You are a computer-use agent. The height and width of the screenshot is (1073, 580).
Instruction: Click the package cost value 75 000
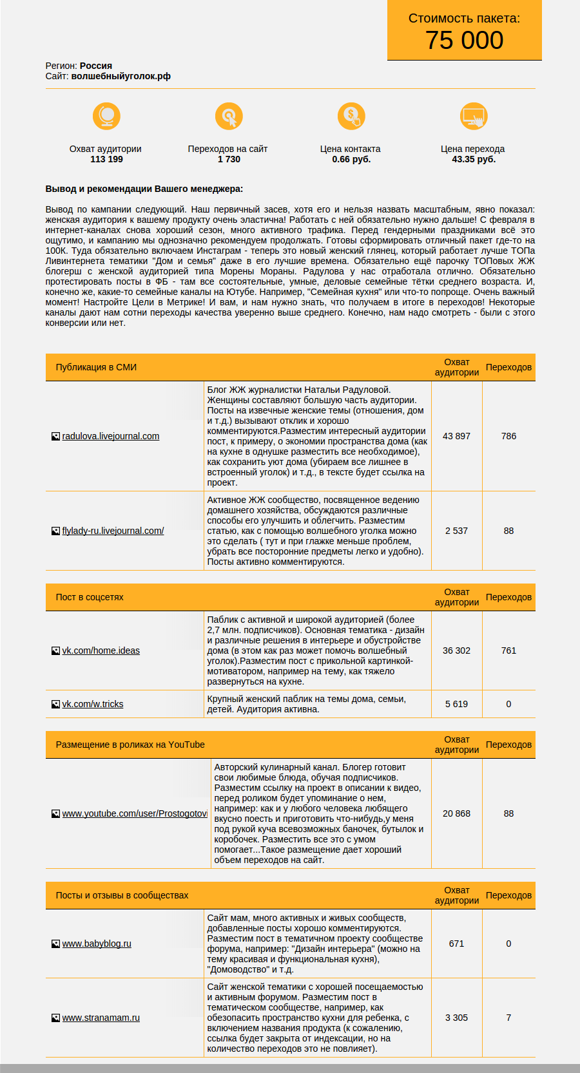click(464, 41)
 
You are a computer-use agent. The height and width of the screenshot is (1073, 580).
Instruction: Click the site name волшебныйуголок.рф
click(121, 76)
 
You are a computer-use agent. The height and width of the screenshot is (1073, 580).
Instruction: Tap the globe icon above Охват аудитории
click(106, 116)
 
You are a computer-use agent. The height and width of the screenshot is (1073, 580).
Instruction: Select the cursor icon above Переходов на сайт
click(229, 116)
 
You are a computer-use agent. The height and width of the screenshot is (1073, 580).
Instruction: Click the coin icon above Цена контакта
click(351, 116)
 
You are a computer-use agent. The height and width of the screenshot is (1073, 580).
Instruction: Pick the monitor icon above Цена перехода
click(474, 116)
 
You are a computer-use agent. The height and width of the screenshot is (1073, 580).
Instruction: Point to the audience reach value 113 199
click(106, 159)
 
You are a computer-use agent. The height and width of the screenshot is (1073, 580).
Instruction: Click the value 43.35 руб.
click(474, 159)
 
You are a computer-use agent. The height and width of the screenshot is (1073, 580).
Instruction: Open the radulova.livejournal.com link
click(110, 436)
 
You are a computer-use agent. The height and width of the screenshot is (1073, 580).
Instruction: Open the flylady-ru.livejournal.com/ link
click(113, 531)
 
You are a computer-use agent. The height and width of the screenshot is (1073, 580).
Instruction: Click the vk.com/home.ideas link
click(101, 650)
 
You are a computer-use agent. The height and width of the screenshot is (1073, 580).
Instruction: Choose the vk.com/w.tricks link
click(92, 704)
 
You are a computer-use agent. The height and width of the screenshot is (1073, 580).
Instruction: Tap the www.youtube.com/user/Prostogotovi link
click(134, 813)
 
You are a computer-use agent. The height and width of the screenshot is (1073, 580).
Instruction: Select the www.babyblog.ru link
click(97, 944)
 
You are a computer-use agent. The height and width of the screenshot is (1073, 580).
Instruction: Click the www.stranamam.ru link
click(101, 1018)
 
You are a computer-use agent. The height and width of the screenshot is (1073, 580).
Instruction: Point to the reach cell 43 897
click(456, 436)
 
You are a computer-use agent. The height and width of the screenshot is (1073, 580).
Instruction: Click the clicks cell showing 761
click(508, 650)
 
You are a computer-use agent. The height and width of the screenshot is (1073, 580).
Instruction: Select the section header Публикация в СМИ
click(96, 367)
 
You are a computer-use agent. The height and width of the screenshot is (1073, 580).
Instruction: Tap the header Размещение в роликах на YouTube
click(130, 745)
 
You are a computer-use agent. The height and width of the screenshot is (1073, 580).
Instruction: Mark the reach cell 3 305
click(456, 1018)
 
